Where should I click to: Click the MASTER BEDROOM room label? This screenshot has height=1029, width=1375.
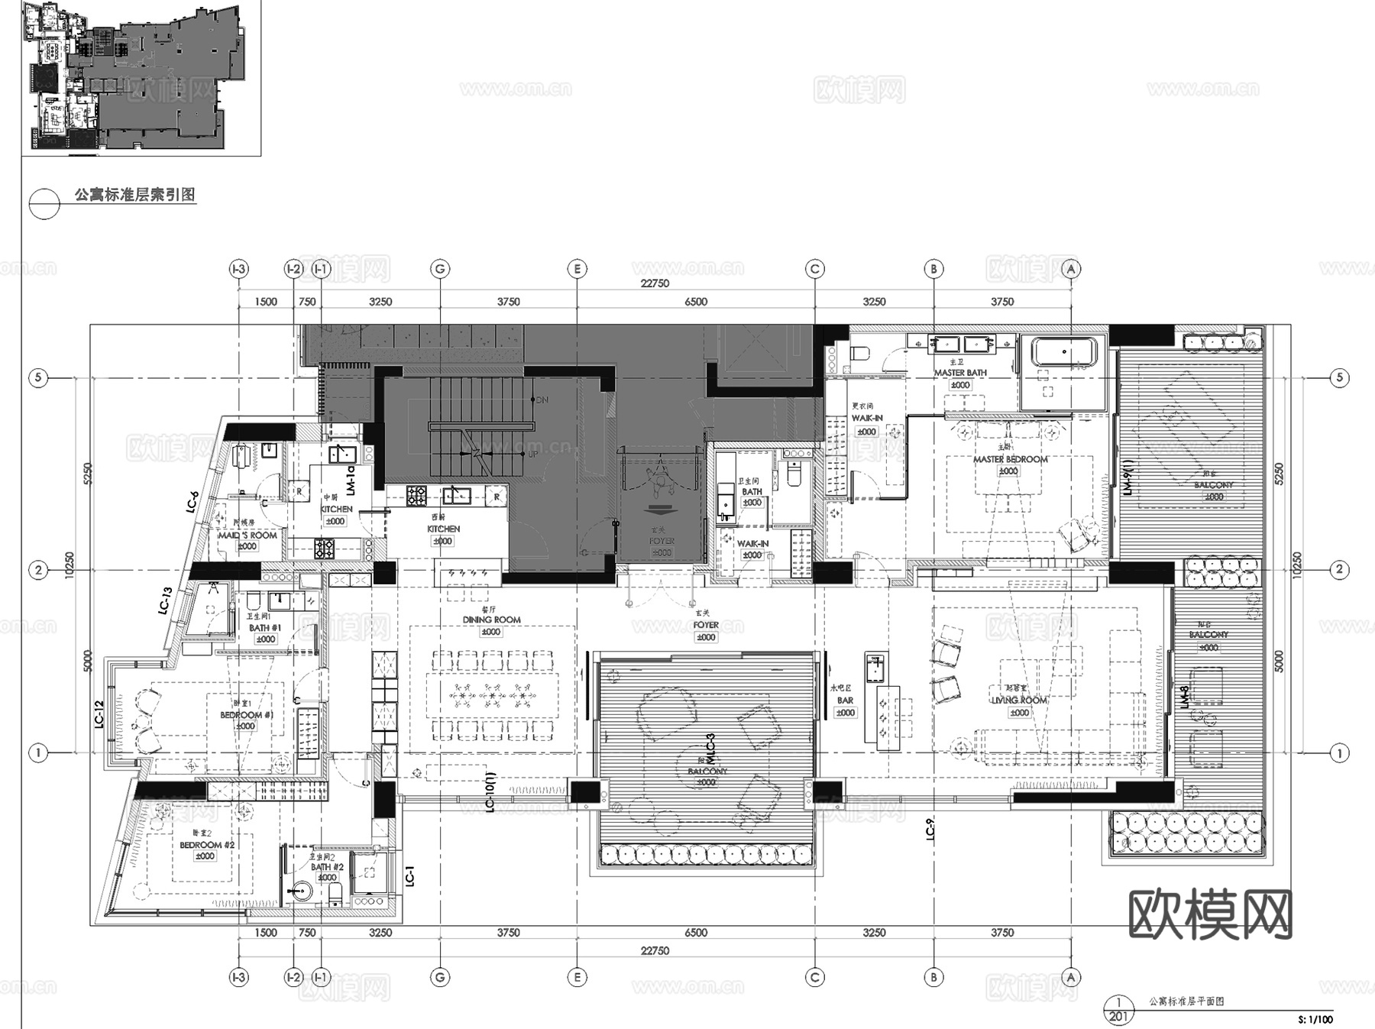(1010, 459)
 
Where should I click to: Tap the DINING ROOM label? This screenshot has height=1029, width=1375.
(491, 620)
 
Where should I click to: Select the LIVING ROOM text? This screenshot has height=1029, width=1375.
(1020, 700)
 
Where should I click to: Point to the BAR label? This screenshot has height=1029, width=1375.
(845, 700)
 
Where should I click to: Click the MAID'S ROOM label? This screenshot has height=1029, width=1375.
(247, 536)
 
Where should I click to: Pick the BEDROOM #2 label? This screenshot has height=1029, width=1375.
(206, 845)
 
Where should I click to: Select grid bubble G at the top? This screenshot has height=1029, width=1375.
(440, 269)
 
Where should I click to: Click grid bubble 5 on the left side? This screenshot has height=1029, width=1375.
(38, 377)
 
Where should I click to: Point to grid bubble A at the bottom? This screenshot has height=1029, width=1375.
(1071, 977)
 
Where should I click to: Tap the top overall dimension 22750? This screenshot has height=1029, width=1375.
(655, 283)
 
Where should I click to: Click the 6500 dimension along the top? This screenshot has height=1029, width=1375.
(695, 302)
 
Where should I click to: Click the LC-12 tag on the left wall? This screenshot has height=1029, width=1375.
(99, 715)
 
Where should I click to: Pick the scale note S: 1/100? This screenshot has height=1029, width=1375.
(1315, 1019)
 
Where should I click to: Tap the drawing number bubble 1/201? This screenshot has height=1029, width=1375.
(1118, 1009)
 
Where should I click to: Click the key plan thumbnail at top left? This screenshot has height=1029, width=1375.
(141, 76)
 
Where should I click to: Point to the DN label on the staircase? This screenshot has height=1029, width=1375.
(542, 400)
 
